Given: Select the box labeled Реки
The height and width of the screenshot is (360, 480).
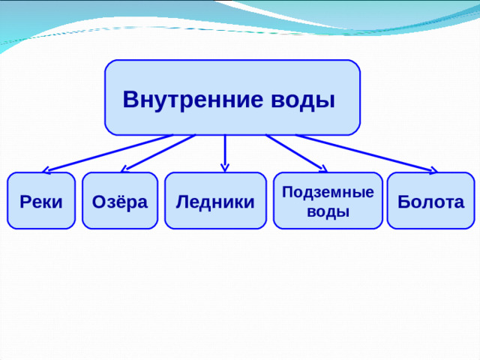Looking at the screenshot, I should pyautogui.click(x=41, y=201).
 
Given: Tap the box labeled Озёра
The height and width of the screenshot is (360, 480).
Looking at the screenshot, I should pyautogui.click(x=119, y=201).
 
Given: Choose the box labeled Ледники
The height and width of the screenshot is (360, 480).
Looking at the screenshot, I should pyautogui.click(x=215, y=201).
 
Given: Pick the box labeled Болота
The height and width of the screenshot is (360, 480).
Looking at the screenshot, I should pyautogui.click(x=430, y=201).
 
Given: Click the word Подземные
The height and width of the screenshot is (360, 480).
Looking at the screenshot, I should pyautogui.click(x=328, y=193).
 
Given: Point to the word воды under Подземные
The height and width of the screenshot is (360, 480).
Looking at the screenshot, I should pyautogui.click(x=328, y=211).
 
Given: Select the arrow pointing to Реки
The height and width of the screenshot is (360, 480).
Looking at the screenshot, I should pyautogui.click(x=109, y=152).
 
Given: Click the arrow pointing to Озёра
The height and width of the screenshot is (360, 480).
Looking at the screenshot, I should pyautogui.click(x=159, y=152).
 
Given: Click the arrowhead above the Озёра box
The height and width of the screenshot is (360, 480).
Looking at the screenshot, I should pyautogui.click(x=126, y=169).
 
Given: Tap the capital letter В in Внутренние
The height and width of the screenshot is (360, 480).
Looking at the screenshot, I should pyautogui.click(x=130, y=99).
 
